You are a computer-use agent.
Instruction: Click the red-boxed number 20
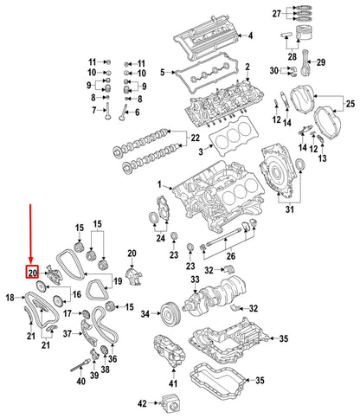tap(31, 273)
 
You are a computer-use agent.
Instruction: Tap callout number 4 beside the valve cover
tap(250, 36)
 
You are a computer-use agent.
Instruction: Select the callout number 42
tap(143, 402)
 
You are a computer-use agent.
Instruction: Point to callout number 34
tap(145, 313)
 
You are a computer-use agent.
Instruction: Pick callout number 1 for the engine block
tap(159, 186)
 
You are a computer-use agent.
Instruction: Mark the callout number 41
tap(173, 383)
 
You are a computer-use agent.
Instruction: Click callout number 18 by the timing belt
tap(10, 297)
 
